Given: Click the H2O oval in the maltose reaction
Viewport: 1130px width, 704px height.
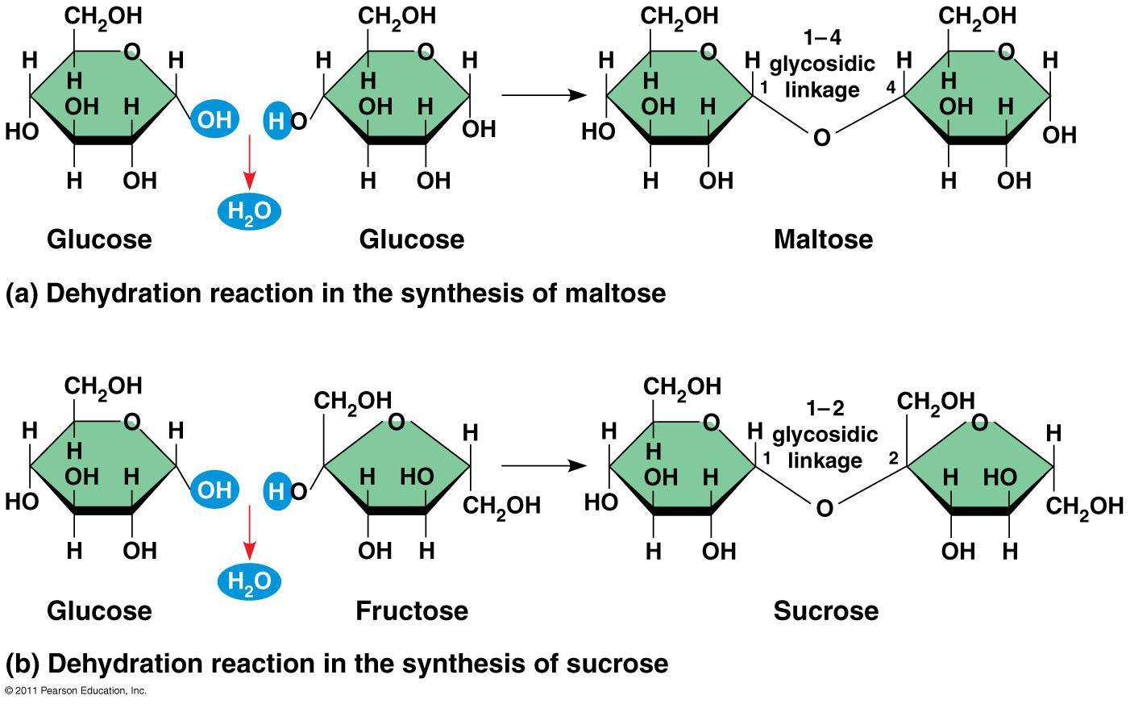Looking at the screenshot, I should click(249, 211).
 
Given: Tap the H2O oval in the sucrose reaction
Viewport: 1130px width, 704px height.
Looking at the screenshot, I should click(249, 581).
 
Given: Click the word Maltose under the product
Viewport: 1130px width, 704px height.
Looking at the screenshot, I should click(823, 240).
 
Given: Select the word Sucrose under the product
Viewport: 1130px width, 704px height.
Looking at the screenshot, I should click(825, 610).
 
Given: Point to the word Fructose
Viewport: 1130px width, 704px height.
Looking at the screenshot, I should click(411, 610).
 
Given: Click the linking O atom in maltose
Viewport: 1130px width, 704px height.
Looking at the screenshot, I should click(821, 138).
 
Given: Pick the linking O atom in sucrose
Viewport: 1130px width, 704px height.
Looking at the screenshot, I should click(824, 508).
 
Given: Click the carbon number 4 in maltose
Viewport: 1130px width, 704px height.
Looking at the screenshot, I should click(891, 87).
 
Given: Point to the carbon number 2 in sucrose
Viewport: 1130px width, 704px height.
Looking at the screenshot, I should click(893, 458).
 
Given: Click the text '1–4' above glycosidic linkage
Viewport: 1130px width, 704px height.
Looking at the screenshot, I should click(821, 38).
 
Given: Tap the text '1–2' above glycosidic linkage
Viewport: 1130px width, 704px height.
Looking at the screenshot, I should click(825, 408).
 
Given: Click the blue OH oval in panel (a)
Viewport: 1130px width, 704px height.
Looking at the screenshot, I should click(214, 120).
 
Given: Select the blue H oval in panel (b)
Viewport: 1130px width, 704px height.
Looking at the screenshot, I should click(276, 490).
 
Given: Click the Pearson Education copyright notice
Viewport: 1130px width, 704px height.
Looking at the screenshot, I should click(76, 691).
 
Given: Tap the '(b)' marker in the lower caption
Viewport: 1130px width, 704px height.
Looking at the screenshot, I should click(23, 664).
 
